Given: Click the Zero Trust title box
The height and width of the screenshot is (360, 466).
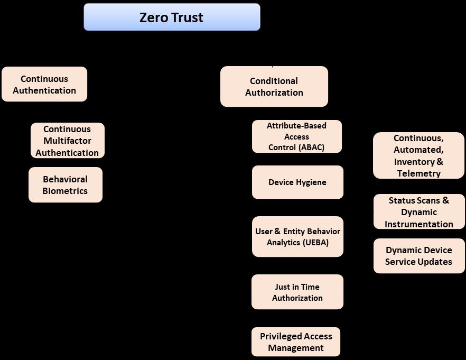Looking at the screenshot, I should (172, 17).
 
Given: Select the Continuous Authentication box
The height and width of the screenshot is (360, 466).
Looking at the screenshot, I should (44, 84).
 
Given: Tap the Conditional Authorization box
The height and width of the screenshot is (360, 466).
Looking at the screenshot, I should (274, 86).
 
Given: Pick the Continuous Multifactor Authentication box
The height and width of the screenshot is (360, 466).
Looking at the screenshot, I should (67, 141).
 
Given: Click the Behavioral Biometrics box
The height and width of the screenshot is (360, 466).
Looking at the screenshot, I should (65, 185).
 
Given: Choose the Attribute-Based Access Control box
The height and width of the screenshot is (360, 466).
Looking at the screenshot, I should (296, 136).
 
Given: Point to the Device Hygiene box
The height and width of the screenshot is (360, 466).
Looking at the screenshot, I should (297, 182).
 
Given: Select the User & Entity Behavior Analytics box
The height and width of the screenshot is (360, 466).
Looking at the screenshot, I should (297, 237).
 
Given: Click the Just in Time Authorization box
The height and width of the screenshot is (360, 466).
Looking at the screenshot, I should (297, 292).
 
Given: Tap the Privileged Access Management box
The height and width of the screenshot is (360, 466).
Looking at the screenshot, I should (296, 342).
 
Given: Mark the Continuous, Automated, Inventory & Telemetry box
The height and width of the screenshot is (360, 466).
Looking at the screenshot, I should (418, 155).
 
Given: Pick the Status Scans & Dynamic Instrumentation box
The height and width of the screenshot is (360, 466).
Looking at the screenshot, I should (419, 212).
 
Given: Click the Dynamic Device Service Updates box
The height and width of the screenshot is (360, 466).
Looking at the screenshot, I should (419, 256).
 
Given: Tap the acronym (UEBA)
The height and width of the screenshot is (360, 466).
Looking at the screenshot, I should (316, 243).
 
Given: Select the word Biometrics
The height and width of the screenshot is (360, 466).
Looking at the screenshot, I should (65, 191).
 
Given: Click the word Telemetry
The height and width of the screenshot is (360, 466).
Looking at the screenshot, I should (419, 173).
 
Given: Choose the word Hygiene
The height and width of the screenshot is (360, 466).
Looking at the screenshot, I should (311, 182).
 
